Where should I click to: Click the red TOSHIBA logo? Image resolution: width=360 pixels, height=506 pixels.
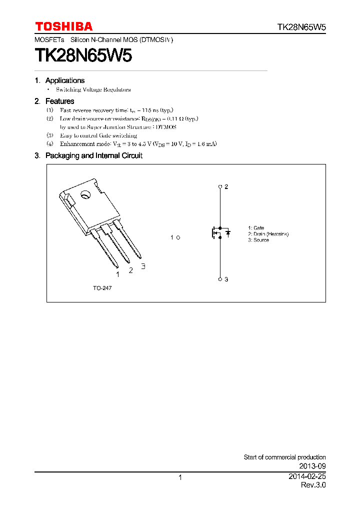(63, 26)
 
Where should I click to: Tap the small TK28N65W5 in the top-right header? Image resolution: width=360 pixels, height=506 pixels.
(301, 27)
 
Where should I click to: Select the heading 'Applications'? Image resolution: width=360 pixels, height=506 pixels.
(65, 80)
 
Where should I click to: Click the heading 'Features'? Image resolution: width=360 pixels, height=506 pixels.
(59, 101)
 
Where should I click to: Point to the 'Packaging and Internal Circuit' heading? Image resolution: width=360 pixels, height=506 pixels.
(93, 155)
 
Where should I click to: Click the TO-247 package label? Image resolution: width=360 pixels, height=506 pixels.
(102, 288)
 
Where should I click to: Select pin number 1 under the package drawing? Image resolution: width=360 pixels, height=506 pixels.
(117, 274)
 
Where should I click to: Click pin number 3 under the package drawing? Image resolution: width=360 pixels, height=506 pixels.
(143, 266)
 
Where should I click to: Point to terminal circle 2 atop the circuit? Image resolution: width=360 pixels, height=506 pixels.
(220, 186)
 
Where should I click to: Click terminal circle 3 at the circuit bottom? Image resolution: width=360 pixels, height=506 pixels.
(220, 279)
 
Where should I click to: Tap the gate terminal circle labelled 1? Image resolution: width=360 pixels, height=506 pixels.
(178, 237)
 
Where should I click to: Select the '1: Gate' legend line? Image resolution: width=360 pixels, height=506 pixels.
(256, 228)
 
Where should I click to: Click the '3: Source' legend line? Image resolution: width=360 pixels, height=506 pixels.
(258, 240)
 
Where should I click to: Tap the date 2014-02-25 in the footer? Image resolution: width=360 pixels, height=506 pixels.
(307, 476)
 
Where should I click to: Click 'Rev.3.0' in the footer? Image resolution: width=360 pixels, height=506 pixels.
(313, 485)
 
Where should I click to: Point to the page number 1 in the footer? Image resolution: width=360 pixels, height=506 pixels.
(180, 477)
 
